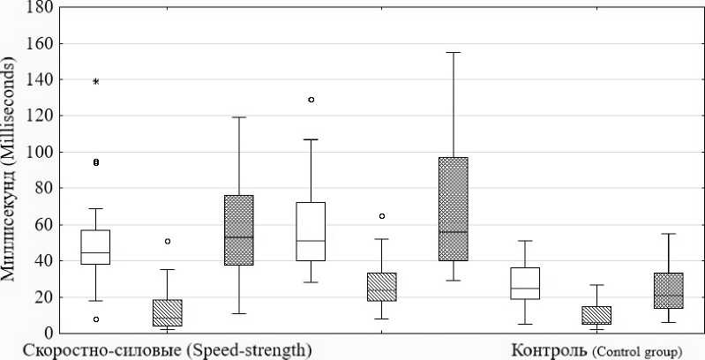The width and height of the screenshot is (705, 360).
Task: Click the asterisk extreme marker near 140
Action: [x=96, y=82]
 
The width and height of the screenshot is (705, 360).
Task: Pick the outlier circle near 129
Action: [x=311, y=100]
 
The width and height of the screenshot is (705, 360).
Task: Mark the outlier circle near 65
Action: [x=382, y=215]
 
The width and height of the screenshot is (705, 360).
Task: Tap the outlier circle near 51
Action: [x=168, y=241]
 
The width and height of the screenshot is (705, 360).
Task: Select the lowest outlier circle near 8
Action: [x=96, y=319]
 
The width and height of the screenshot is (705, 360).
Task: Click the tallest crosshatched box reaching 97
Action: [x=454, y=209]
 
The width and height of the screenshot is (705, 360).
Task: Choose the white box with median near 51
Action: [x=311, y=231]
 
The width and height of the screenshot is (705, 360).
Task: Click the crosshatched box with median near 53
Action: [x=239, y=229]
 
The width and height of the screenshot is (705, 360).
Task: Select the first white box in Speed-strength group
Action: [x=95, y=247]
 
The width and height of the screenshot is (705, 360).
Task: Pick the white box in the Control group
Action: [x=525, y=283]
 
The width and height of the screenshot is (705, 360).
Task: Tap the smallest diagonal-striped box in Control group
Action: [x=596, y=315]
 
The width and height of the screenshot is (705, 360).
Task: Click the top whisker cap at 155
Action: [x=454, y=53]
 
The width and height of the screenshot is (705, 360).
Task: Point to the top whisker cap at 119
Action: [x=239, y=117]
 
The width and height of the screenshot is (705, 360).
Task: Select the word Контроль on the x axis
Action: [x=547, y=350]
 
